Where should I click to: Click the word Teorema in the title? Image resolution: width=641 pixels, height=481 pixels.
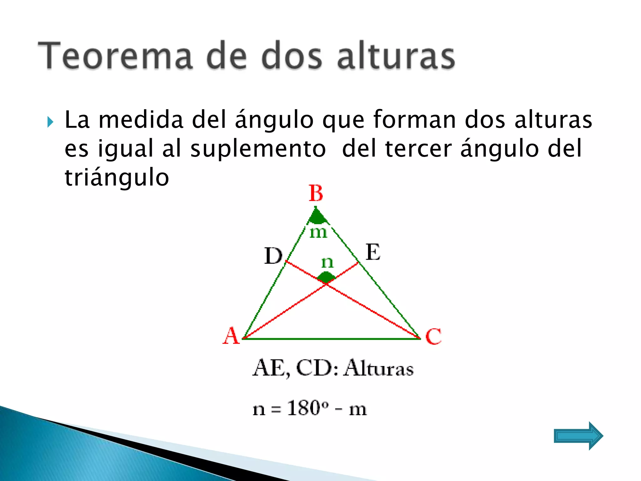tap(115, 56)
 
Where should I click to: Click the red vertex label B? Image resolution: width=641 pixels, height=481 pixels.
tap(316, 193)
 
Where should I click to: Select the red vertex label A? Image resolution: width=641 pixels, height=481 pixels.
tap(231, 336)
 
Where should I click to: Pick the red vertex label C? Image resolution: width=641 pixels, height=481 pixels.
tap(433, 336)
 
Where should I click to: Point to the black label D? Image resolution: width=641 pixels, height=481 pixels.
tap(273, 256)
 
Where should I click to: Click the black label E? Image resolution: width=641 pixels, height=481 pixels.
tap(373, 252)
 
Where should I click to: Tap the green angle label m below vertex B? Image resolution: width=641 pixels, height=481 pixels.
tap(318, 233)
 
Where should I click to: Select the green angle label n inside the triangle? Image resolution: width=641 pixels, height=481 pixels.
tap(327, 262)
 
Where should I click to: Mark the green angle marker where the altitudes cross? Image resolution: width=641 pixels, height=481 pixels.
tap(326, 277)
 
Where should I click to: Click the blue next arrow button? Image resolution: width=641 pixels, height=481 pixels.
tap(578, 436)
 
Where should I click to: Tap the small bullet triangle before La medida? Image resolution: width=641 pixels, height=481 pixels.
tap(50, 122)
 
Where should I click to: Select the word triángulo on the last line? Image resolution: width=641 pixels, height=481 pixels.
tap(117, 178)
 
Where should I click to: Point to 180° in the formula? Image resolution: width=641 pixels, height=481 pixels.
tap(308, 408)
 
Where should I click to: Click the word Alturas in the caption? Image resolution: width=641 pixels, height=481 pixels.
tap(379, 368)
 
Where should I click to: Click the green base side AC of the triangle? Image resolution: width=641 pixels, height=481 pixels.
tap(332, 339)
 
